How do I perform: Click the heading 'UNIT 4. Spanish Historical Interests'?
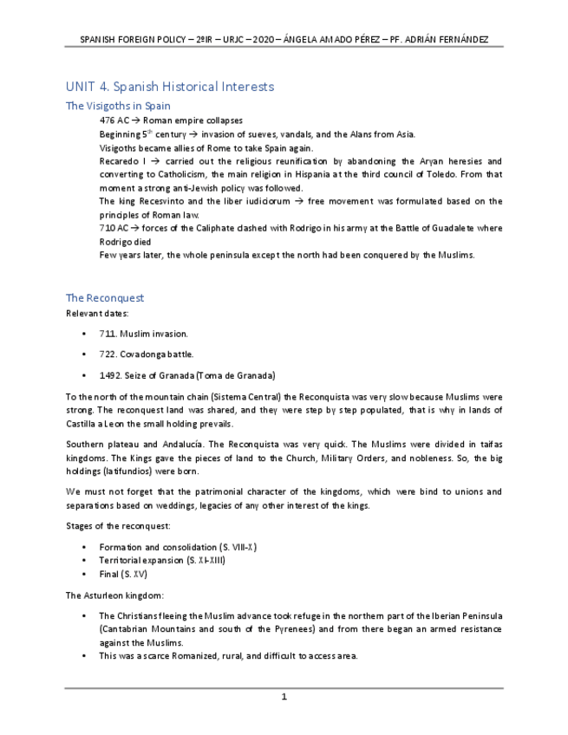pyautogui.click(x=170, y=87)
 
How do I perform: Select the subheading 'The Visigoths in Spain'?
pyautogui.click(x=118, y=106)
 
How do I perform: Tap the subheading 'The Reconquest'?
pyautogui.click(x=105, y=297)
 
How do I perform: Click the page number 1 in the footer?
pyautogui.click(x=284, y=696)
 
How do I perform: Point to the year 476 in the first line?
pyautogui.click(x=108, y=120)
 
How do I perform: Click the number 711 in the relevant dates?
pyautogui.click(x=108, y=334)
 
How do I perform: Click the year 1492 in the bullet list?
pyautogui.click(x=110, y=375)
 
